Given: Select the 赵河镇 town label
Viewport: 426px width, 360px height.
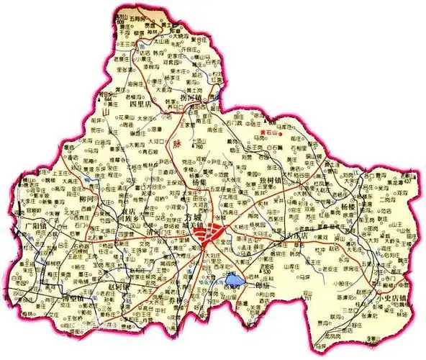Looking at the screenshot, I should pyautogui.click(x=118, y=288).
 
